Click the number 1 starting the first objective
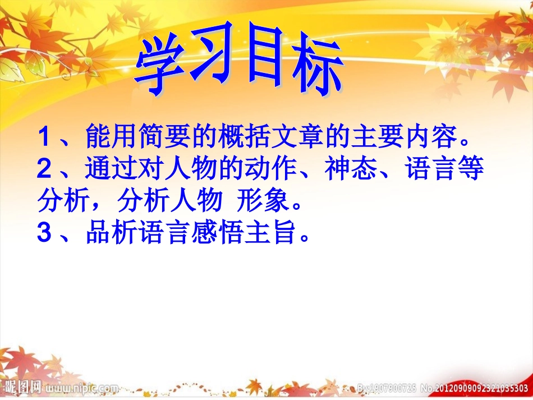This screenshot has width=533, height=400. point(44,136)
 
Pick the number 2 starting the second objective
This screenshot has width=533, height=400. point(44,169)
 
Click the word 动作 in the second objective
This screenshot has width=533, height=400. point(272,169)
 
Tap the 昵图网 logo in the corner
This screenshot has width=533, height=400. point(22,387)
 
